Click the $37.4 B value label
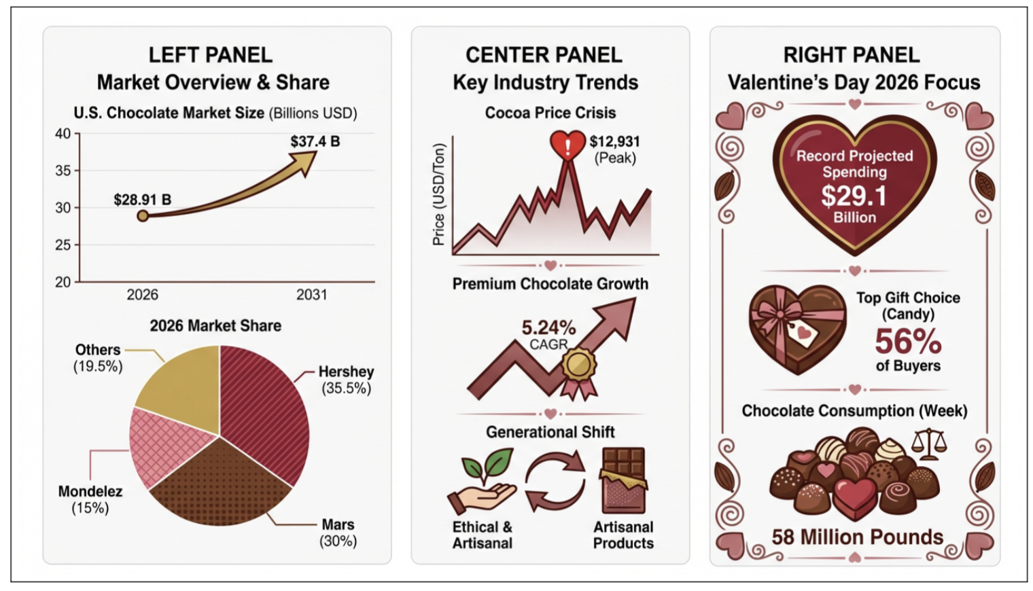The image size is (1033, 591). click(315, 141)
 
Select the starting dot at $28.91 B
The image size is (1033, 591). click(143, 216)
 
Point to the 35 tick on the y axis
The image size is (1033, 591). click(63, 171)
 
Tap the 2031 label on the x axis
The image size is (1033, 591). click(311, 295)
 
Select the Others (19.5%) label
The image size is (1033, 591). click(98, 358)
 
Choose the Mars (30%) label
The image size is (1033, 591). click(338, 533)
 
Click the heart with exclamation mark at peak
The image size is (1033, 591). click(567, 145)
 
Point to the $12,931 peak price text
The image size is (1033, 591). click(614, 141)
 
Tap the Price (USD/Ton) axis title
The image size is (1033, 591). click(439, 194)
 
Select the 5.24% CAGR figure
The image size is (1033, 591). click(548, 327)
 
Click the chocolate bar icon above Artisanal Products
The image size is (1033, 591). click(623, 480)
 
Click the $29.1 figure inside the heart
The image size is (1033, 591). click(854, 196)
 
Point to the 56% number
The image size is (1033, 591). click(907, 341)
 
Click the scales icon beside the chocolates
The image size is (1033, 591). click(929, 444)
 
